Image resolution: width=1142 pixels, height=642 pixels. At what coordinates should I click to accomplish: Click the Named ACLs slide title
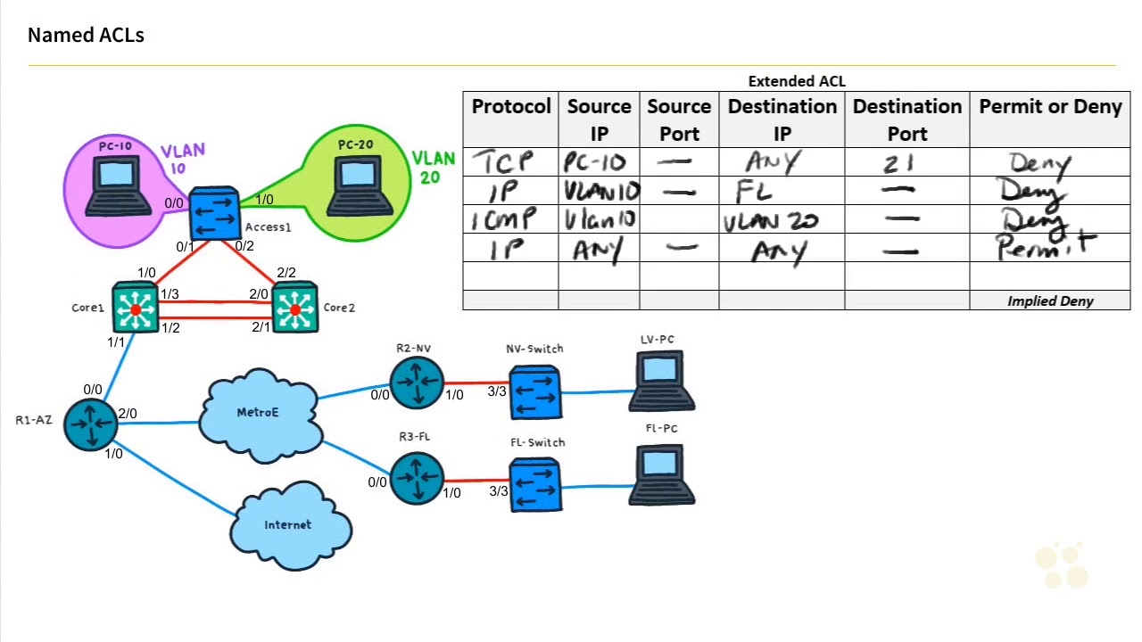click(x=86, y=36)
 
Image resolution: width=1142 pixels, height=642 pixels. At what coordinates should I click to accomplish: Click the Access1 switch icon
click(x=214, y=214)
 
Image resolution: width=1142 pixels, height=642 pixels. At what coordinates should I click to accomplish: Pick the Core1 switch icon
click(x=136, y=309)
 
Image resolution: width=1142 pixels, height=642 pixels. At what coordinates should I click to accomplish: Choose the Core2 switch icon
click(x=294, y=309)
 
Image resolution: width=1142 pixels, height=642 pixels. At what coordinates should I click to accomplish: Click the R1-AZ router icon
click(x=90, y=424)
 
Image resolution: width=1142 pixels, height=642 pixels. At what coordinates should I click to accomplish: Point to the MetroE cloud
click(x=260, y=414)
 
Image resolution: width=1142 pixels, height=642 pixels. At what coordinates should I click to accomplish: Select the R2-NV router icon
click(x=417, y=383)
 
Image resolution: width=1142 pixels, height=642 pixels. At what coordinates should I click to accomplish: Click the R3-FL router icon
click(x=417, y=478)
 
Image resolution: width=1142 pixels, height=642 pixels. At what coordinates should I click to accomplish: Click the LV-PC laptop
click(x=660, y=381)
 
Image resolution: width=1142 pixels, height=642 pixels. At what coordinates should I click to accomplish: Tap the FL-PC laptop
click(x=660, y=476)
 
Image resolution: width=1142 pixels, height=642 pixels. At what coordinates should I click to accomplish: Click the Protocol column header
click(x=511, y=107)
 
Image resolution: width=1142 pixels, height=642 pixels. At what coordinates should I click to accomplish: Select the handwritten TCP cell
click(x=504, y=162)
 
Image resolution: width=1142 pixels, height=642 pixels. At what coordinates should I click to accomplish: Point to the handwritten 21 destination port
click(x=899, y=164)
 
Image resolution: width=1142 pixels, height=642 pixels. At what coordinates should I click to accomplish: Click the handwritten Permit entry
click(x=1044, y=247)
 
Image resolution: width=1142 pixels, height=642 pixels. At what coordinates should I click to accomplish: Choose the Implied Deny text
click(x=1050, y=301)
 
